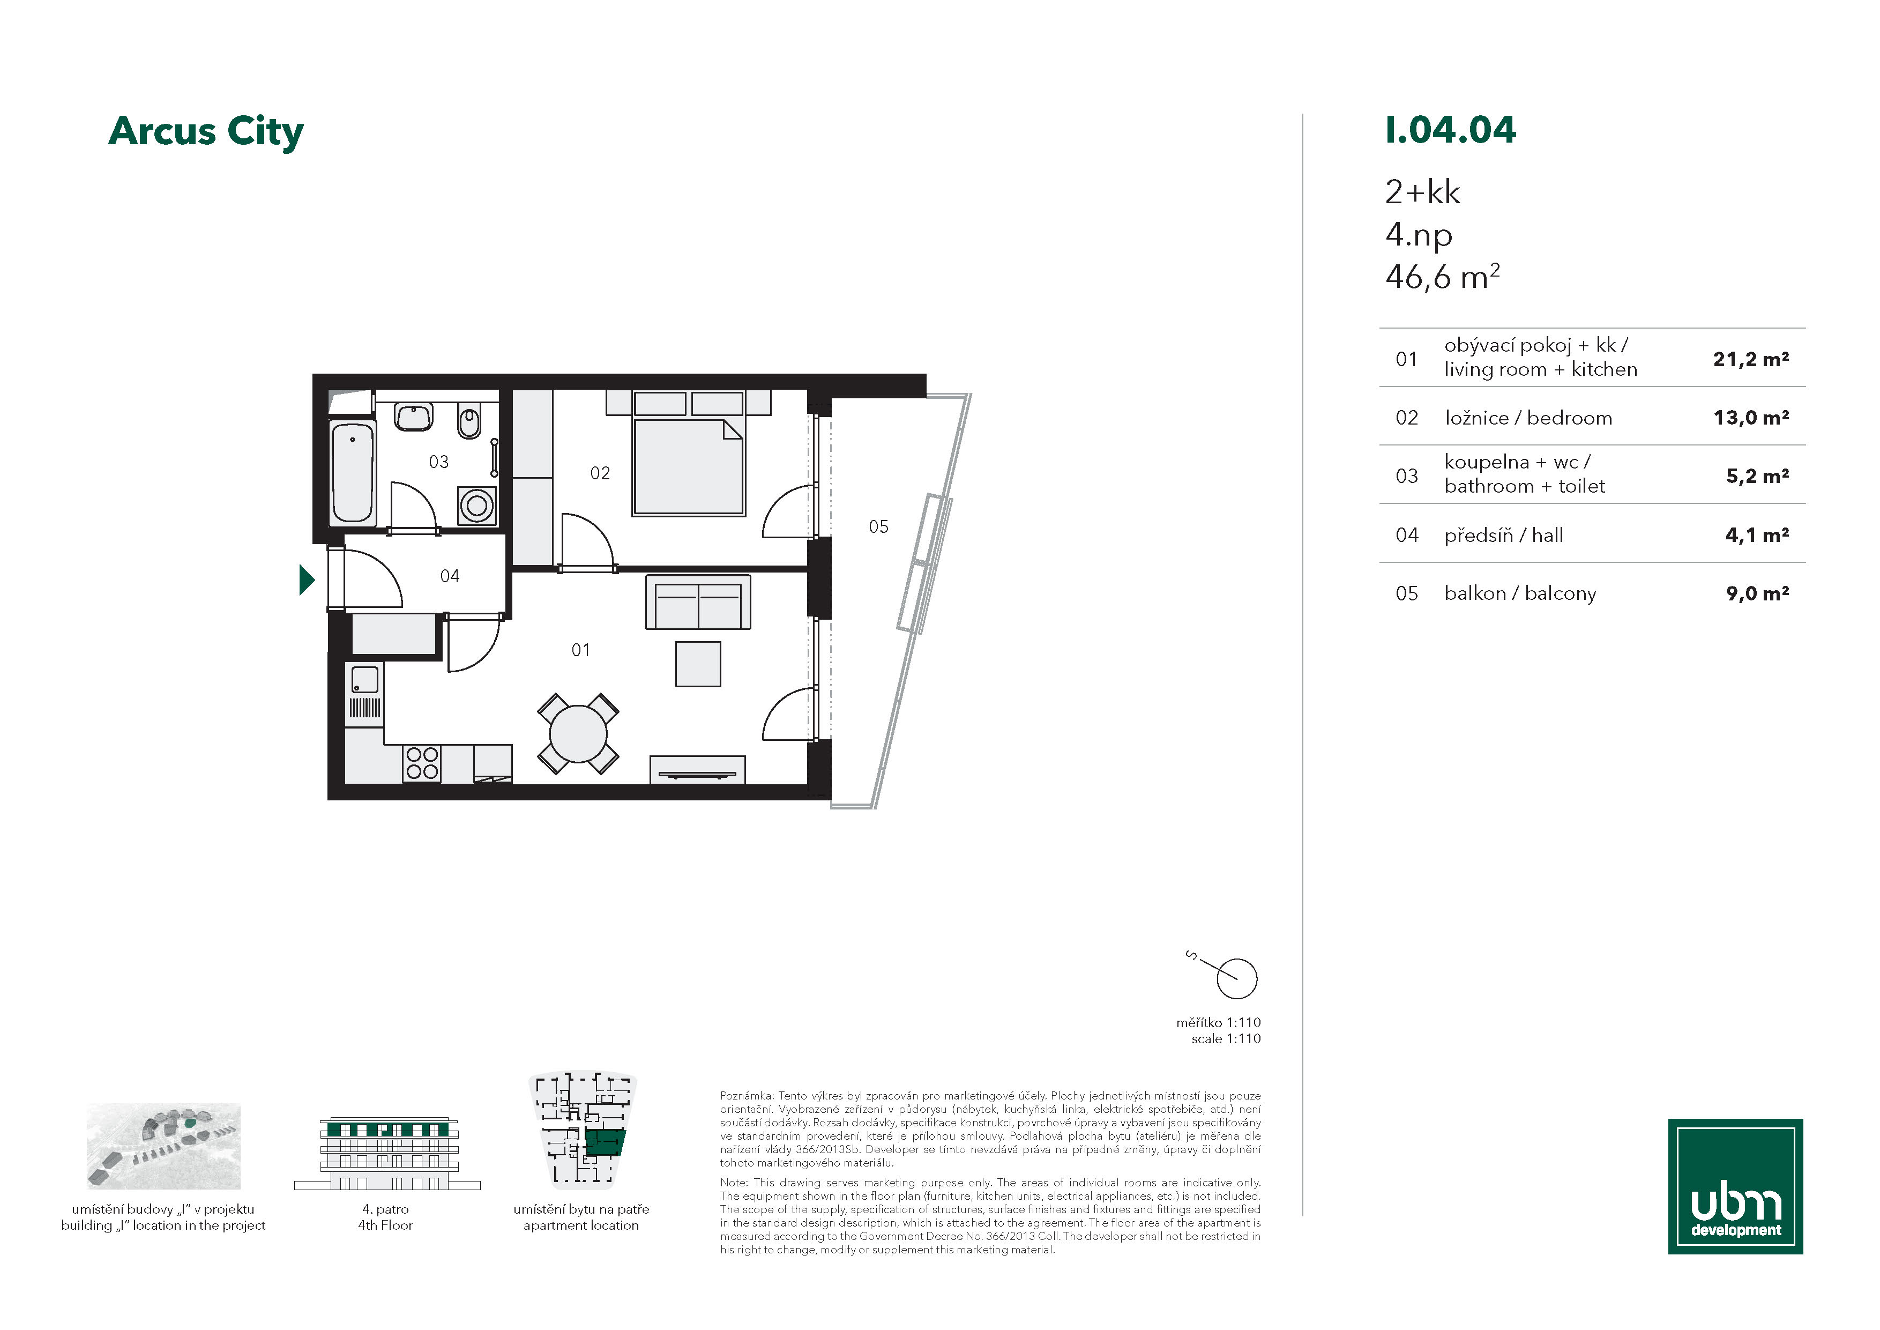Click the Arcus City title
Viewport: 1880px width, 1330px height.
(205, 132)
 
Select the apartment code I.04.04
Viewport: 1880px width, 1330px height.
(1450, 130)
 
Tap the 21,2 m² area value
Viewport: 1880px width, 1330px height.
(1751, 359)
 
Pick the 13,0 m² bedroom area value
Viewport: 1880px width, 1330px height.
(1751, 418)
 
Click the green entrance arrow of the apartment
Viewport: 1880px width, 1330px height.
(307, 580)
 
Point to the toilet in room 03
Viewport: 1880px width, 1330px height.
(468, 422)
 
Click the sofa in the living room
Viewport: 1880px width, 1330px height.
(698, 603)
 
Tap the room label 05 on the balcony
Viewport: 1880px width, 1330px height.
(878, 526)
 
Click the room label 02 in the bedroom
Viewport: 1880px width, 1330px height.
(600, 473)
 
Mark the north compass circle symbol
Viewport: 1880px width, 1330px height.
(1236, 979)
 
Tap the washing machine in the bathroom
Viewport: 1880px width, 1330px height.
(476, 506)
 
